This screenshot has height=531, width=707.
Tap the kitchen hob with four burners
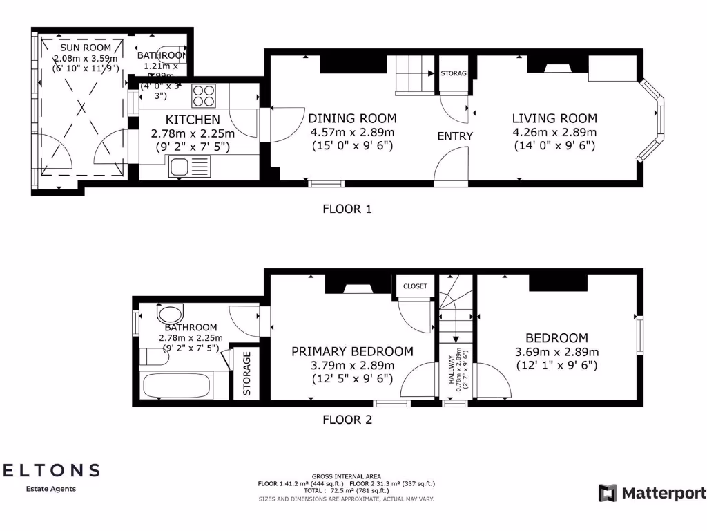[204, 94]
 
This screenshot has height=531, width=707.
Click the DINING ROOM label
[352, 118]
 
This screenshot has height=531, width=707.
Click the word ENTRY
[455, 136]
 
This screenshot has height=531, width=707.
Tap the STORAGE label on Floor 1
[454, 73]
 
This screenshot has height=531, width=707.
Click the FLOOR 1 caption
[347, 208]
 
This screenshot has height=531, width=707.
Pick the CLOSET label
[414, 286]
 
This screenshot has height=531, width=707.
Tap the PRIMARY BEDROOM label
[352, 351]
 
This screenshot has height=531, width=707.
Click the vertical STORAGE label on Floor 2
[246, 373]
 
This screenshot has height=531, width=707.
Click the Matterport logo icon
[608, 493]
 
